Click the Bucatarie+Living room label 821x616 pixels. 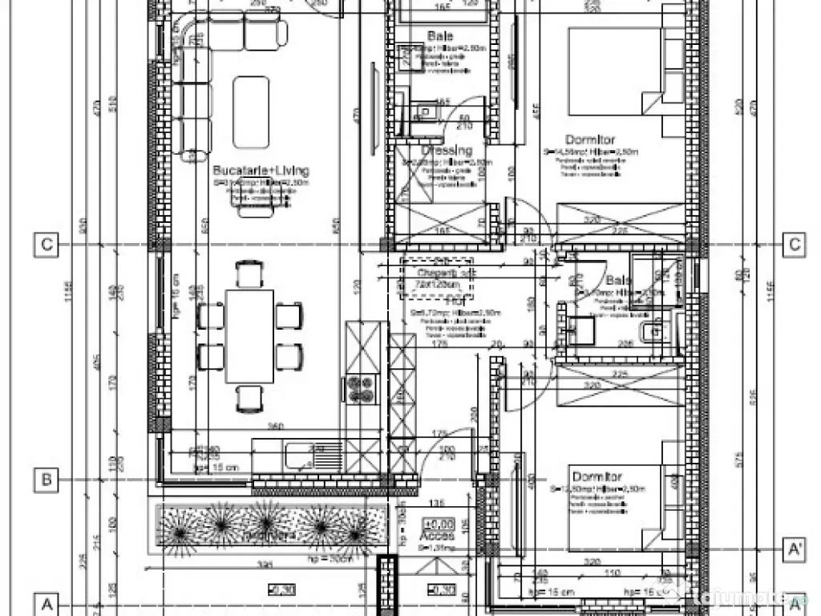tap(261, 171)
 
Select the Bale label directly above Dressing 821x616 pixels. tap(439, 36)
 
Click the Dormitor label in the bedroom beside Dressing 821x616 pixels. tap(589, 140)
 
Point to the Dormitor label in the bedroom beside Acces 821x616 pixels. tap(597, 476)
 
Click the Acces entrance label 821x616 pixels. tap(438, 535)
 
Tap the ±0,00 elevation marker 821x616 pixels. tap(437, 524)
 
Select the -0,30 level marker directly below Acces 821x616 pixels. tap(443, 590)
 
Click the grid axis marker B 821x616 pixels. tap(47, 480)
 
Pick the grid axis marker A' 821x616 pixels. tap(794, 549)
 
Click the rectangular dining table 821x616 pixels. tap(249, 336)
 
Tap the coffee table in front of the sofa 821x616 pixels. tap(250, 111)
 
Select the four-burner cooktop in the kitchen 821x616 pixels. tap(358, 389)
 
